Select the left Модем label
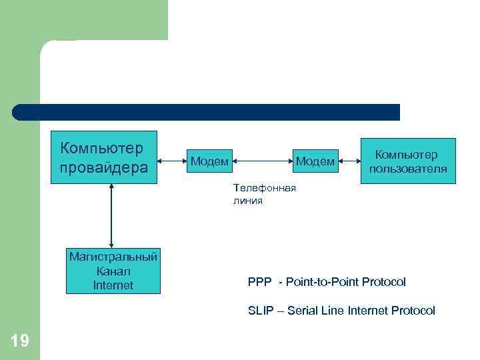click(209, 161)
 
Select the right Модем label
click(315, 161)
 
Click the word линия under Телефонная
click(248, 200)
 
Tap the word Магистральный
click(113, 257)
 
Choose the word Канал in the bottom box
click(113, 271)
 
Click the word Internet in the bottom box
click(113, 285)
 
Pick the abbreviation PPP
click(259, 282)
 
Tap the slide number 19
click(20, 341)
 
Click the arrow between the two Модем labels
click(262, 160)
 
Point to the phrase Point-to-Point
click(322, 282)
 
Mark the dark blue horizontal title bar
click(206, 112)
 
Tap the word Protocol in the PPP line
click(383, 282)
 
